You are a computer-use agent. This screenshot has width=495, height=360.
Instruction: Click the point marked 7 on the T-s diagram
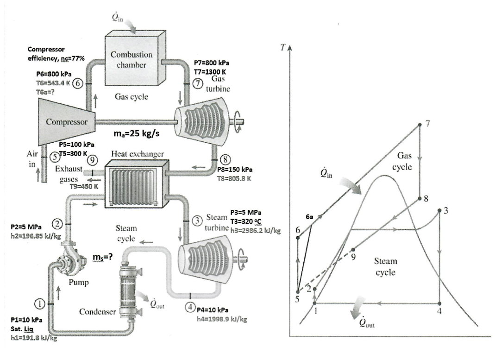(x=419, y=124)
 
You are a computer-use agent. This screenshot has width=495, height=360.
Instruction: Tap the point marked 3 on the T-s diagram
(x=439, y=211)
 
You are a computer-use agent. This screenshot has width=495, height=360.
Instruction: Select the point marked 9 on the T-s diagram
(x=353, y=249)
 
